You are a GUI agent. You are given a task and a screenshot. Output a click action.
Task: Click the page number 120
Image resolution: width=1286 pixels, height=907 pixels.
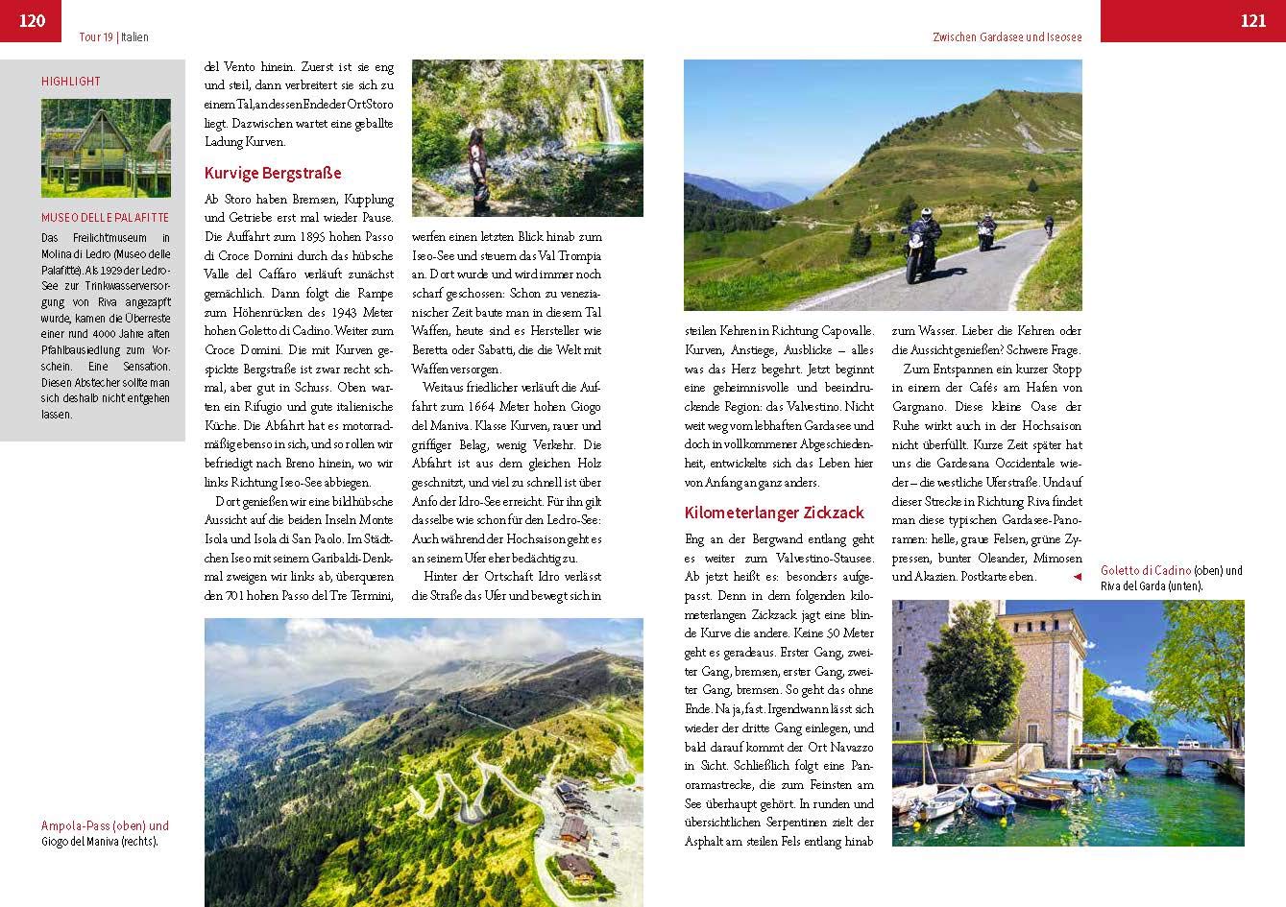pyautogui.click(x=32, y=20)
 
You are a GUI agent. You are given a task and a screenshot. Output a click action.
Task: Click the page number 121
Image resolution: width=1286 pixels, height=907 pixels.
pyautogui.click(x=1252, y=20)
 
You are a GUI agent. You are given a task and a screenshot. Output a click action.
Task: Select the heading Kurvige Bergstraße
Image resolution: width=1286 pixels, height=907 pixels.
pyautogui.click(x=273, y=174)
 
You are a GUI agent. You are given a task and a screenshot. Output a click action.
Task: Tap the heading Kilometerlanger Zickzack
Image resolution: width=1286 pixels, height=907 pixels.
pyautogui.click(x=774, y=513)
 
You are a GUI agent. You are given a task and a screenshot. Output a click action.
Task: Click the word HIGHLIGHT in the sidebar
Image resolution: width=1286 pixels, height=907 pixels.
pyautogui.click(x=71, y=82)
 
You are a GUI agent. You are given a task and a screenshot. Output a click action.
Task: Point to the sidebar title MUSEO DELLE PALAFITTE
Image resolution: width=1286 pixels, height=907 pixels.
pyautogui.click(x=105, y=218)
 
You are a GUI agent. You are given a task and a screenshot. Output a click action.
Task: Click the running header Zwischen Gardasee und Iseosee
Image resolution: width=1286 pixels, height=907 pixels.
pyautogui.click(x=1007, y=37)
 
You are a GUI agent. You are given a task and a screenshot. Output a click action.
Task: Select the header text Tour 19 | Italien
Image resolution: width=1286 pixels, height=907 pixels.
pyautogui.click(x=113, y=37)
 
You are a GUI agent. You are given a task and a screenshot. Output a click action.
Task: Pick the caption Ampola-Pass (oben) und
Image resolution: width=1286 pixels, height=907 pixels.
pyautogui.click(x=105, y=825)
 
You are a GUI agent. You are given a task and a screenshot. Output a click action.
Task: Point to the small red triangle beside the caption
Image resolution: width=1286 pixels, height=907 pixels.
pyautogui.click(x=1078, y=576)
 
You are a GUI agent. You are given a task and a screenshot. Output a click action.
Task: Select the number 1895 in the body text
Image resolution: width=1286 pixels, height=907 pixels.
pyautogui.click(x=317, y=236)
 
